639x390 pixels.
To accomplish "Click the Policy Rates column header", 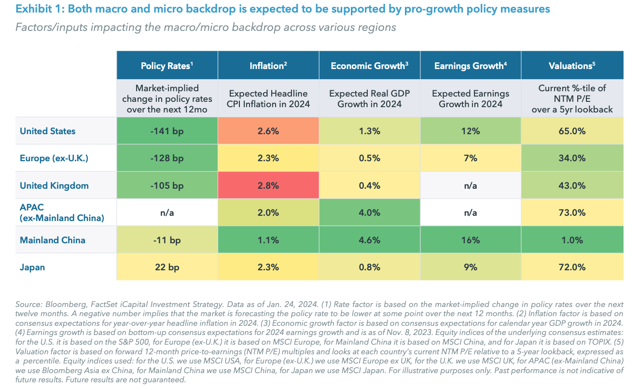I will [167, 66].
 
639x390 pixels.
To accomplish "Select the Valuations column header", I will [572, 66].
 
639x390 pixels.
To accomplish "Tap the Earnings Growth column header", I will [471, 66].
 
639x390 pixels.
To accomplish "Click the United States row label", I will [48, 131].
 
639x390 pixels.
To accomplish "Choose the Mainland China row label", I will [53, 240].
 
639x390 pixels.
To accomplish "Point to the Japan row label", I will [32, 267].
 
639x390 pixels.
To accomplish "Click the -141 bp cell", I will [167, 131].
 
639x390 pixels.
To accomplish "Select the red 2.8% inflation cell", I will [268, 185].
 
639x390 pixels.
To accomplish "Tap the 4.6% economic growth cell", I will [370, 240].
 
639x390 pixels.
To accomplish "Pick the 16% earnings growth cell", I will [471, 240].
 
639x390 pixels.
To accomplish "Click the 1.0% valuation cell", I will [572, 240].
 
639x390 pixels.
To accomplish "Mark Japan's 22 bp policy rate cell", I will [167, 267].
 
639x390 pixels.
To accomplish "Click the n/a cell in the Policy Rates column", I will [167, 212].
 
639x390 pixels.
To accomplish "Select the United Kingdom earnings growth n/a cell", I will [471, 185].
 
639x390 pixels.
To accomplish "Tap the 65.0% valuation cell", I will [572, 131].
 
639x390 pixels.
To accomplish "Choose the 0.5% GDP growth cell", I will [370, 158].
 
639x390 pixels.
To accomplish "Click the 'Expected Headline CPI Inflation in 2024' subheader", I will [268, 98].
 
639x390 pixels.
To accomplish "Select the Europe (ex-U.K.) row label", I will [53, 158].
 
